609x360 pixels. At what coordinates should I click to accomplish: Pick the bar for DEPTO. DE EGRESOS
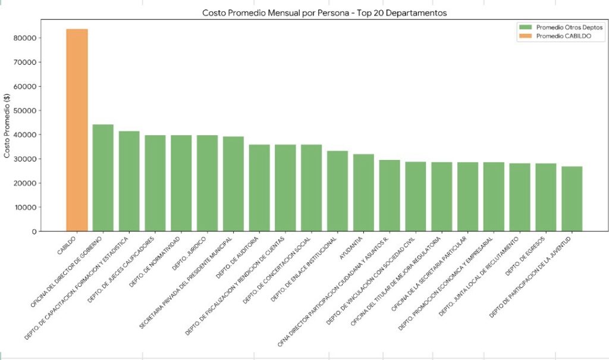tap(545, 197)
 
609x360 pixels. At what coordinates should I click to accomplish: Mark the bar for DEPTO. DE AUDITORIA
tap(259, 187)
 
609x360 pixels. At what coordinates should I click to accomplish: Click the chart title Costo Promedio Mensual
tap(324, 12)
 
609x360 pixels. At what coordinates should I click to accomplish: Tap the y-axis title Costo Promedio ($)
tap(7, 126)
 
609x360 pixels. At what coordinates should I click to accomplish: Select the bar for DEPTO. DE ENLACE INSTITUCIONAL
tap(337, 190)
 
